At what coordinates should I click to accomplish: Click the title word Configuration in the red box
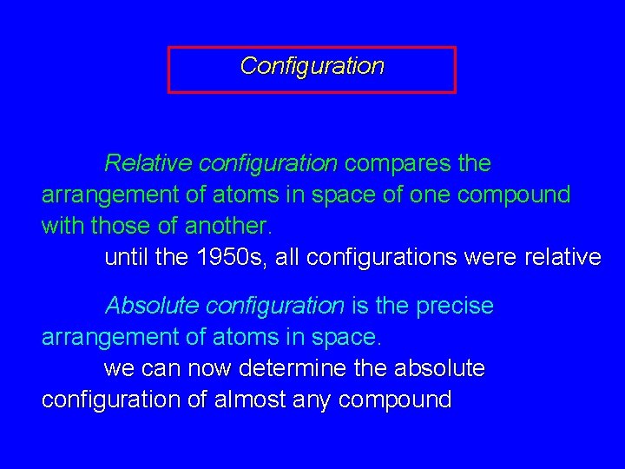312,66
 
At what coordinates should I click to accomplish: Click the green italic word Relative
148,163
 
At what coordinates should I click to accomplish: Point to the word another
228,227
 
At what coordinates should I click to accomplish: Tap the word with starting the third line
61,227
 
